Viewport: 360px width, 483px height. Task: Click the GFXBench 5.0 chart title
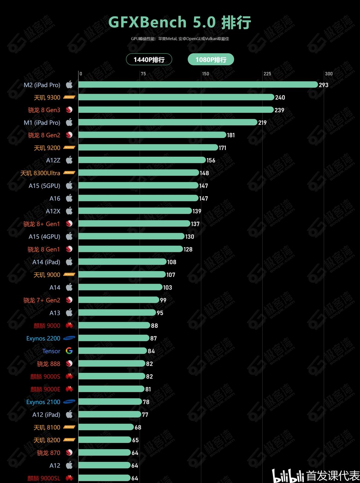(180, 22)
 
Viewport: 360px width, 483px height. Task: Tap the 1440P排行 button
(149, 59)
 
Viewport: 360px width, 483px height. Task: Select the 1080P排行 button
(211, 59)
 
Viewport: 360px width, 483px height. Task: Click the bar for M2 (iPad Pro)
(198, 85)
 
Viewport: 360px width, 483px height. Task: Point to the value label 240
(280, 98)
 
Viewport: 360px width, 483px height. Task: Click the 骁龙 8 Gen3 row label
(44, 110)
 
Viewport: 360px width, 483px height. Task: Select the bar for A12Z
(142, 160)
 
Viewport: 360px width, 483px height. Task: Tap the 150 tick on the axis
(205, 74)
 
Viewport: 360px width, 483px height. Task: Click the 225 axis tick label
(267, 74)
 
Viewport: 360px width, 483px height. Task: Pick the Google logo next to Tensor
(69, 351)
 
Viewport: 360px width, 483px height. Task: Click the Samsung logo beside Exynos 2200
(69, 338)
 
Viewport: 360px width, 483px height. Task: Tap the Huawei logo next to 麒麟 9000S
(69, 376)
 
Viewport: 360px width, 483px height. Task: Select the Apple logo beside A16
(69, 198)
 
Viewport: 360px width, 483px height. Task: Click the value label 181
(231, 135)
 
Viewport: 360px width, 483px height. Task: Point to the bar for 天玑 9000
(122, 274)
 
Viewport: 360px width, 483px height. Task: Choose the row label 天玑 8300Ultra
(40, 173)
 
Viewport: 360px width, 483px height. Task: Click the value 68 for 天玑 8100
(138, 427)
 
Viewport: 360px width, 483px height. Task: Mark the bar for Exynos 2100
(110, 401)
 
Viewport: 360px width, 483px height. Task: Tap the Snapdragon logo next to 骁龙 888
(69, 363)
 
